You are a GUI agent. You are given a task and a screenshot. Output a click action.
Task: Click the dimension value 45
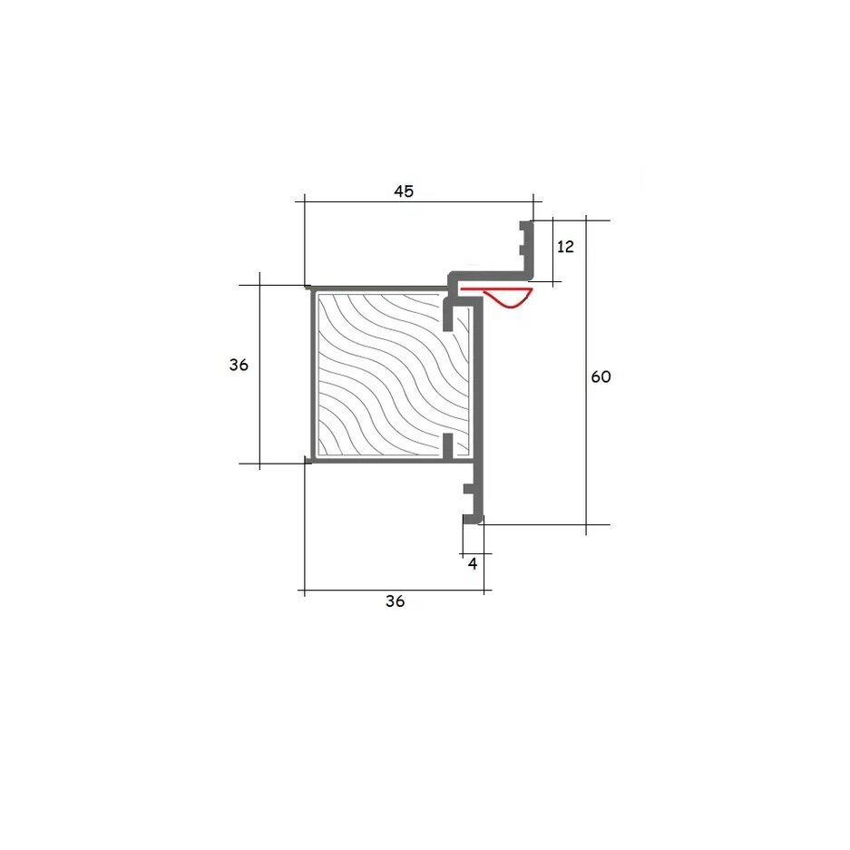[x=404, y=191]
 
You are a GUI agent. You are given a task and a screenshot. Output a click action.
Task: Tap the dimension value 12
[x=565, y=247]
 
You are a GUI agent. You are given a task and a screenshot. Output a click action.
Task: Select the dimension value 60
[x=601, y=376]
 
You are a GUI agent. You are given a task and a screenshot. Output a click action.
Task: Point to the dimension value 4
[x=473, y=564]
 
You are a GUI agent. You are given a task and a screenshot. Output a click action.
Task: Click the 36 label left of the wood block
[x=239, y=365]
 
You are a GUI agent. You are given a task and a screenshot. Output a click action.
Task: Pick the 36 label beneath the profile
[x=396, y=601]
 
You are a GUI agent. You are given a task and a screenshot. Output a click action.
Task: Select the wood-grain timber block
[x=393, y=374]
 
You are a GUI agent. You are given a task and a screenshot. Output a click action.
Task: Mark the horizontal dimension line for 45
[x=418, y=201]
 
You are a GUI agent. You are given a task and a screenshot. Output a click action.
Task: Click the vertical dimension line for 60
[x=586, y=376]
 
